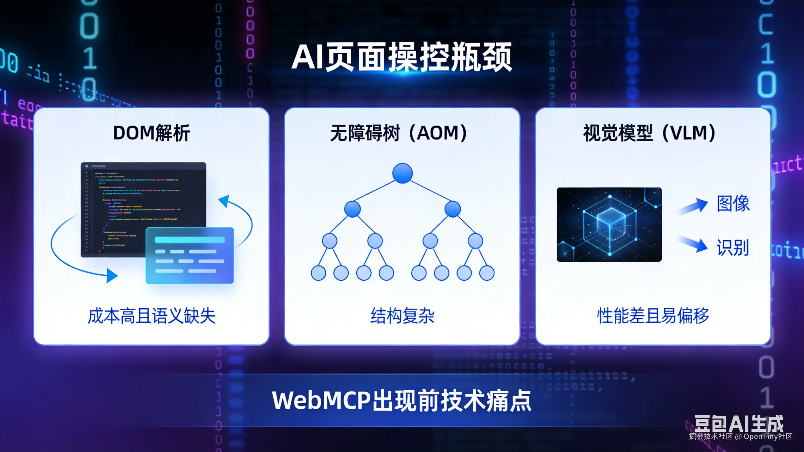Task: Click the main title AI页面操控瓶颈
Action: (402, 57)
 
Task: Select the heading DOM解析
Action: (151, 133)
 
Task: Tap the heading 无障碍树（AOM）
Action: (398, 133)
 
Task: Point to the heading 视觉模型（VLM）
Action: (649, 133)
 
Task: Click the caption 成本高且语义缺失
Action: (151, 316)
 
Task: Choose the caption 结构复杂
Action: (402, 316)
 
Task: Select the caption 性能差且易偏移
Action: (653, 316)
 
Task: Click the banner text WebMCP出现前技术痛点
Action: (402, 400)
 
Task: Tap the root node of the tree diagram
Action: (402, 173)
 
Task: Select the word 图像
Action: (733, 203)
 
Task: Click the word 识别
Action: (732, 248)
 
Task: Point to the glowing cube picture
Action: (609, 224)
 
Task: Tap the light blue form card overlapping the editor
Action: (190, 255)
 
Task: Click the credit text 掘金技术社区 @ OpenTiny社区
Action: (740, 436)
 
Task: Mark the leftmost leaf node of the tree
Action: (318, 273)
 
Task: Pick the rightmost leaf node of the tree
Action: (487, 273)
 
